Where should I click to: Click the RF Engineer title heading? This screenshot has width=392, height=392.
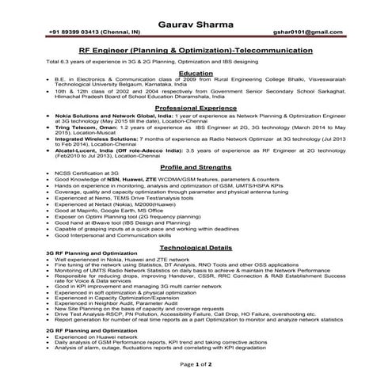[196, 48]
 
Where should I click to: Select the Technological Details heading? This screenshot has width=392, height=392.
[196, 248]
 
